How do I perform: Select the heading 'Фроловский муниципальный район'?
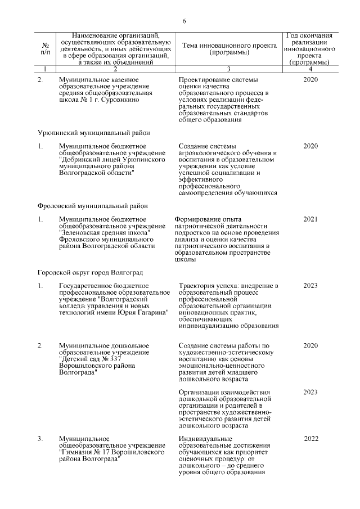pyautogui.click(x=92, y=205)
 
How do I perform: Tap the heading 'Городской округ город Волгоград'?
pyautogui.click(x=90, y=272)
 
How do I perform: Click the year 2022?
pyautogui.click(x=312, y=438)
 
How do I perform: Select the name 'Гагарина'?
pyautogui.click(x=151, y=313)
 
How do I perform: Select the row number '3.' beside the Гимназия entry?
pyautogui.click(x=41, y=438)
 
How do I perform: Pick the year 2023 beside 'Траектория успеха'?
pyautogui.click(x=310, y=286)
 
